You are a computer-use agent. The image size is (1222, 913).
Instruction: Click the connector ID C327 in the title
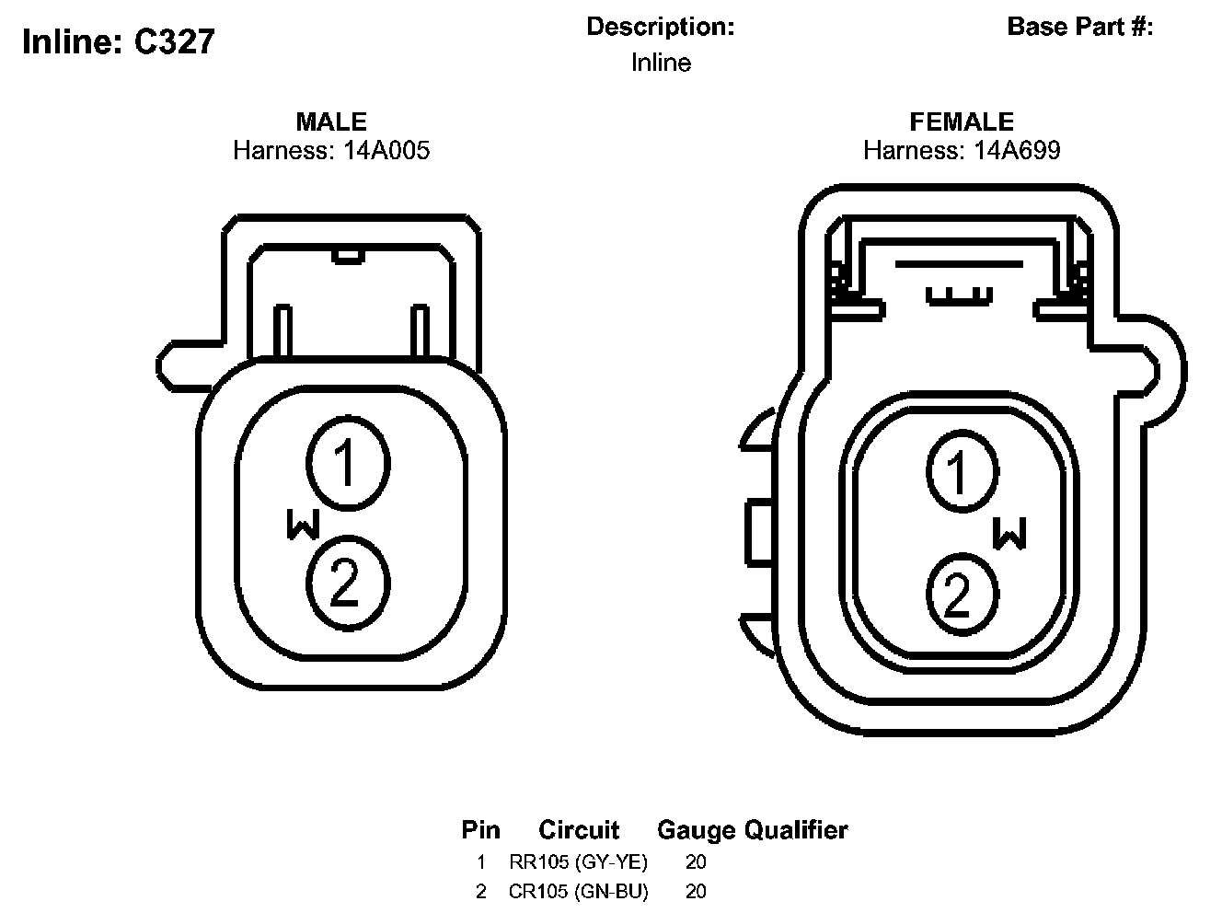[174, 41]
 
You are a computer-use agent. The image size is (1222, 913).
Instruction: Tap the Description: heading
[661, 27]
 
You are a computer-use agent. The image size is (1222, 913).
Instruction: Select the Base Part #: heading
[1080, 26]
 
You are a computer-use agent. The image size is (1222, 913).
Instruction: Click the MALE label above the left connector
[331, 121]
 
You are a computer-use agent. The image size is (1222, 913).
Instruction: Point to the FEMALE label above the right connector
[962, 121]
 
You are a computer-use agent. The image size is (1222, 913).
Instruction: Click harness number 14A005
[386, 150]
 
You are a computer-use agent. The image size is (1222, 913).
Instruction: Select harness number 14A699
[1017, 150]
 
